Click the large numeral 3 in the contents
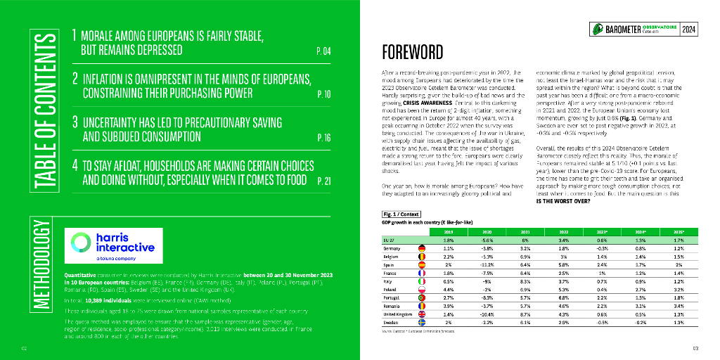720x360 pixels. pyautogui.click(x=75, y=121)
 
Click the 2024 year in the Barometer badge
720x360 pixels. pyautogui.click(x=688, y=29)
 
